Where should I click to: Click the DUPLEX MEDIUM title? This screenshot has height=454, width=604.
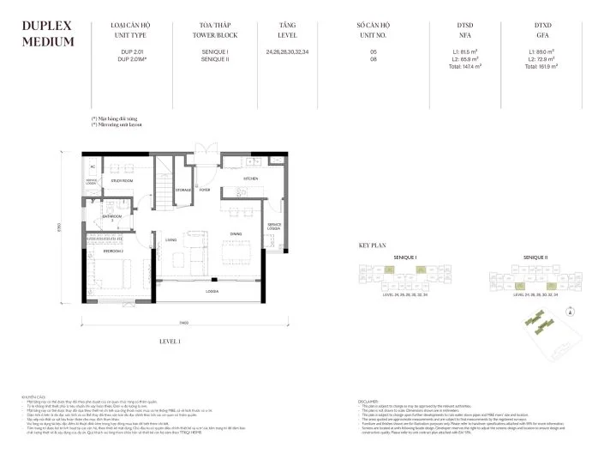pos(47,33)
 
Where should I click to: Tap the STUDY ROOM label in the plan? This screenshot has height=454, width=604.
pos(121,181)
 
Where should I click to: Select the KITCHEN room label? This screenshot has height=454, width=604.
pos(250,179)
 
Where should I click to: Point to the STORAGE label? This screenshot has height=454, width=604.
pos(182,190)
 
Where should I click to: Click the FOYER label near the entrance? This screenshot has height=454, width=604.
pos(205,190)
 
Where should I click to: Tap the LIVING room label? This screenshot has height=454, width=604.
pos(171,239)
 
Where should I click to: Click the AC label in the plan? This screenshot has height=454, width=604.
pos(93,167)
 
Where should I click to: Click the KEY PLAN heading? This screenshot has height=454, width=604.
pos(374,245)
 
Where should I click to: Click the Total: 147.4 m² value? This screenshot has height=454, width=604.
pos(467,66)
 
